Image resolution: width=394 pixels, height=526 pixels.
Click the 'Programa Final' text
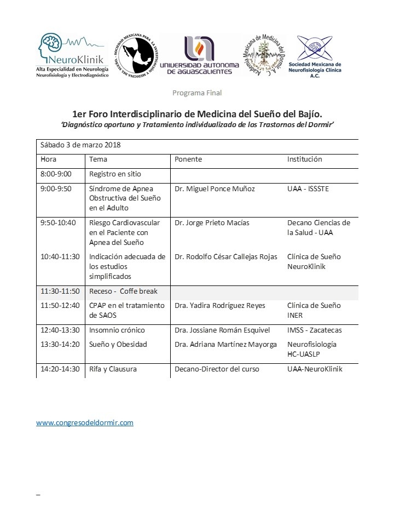pyautogui.click(x=197, y=93)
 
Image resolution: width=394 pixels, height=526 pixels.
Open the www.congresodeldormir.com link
pyautogui.click(x=85, y=423)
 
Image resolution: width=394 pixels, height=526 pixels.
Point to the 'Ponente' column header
pyautogui.click(x=188, y=159)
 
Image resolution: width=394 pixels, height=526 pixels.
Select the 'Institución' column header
pyautogui.click(x=305, y=159)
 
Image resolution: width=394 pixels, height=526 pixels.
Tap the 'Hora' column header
pyautogui.click(x=49, y=159)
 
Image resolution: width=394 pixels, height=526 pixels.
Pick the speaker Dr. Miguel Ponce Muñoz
pyautogui.click(x=215, y=189)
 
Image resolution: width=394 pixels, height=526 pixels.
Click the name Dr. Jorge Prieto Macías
pyautogui.click(x=212, y=223)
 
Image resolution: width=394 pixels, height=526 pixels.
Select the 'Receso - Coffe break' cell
pyautogui.click(x=123, y=291)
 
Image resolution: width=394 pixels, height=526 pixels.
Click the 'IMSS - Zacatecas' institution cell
pyautogui.click(x=315, y=330)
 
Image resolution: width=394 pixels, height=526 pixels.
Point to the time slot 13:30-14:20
pyautogui.click(x=60, y=345)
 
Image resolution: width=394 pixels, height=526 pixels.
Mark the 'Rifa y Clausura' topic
pyautogui.click(x=113, y=369)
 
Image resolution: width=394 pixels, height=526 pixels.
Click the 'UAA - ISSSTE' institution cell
pyautogui.click(x=308, y=189)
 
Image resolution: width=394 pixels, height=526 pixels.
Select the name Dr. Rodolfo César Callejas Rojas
pyautogui.click(x=226, y=257)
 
